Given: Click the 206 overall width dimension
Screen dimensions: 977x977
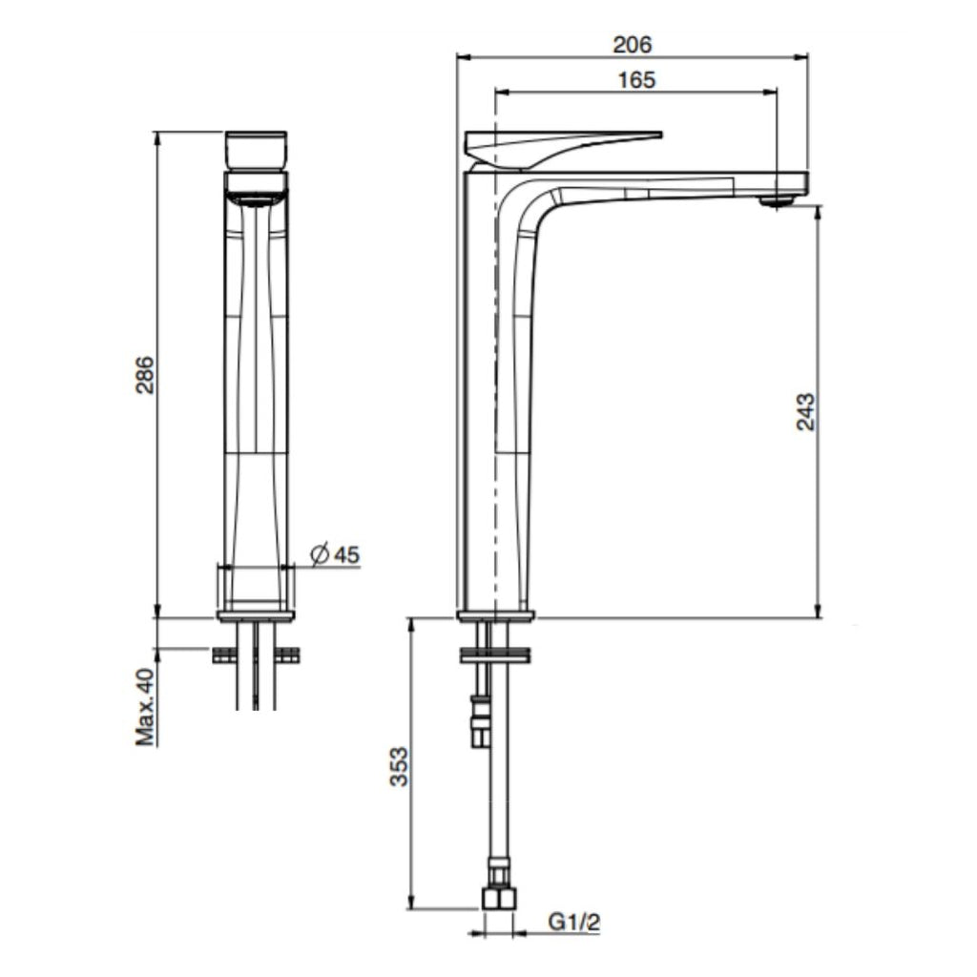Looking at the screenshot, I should (x=632, y=44).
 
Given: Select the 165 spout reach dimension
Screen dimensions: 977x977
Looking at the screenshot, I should (x=636, y=79).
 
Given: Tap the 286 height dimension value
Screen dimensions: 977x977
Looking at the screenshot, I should (x=143, y=374).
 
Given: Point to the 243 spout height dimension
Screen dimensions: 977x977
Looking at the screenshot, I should (x=806, y=411).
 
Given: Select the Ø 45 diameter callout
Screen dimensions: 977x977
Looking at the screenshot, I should (x=335, y=554).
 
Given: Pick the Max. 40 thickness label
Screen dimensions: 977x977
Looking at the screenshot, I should (x=145, y=706).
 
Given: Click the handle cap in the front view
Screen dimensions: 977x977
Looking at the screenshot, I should (x=256, y=149).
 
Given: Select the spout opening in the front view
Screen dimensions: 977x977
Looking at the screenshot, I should (x=255, y=198).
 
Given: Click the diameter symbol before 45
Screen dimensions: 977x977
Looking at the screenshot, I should (x=320, y=554).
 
